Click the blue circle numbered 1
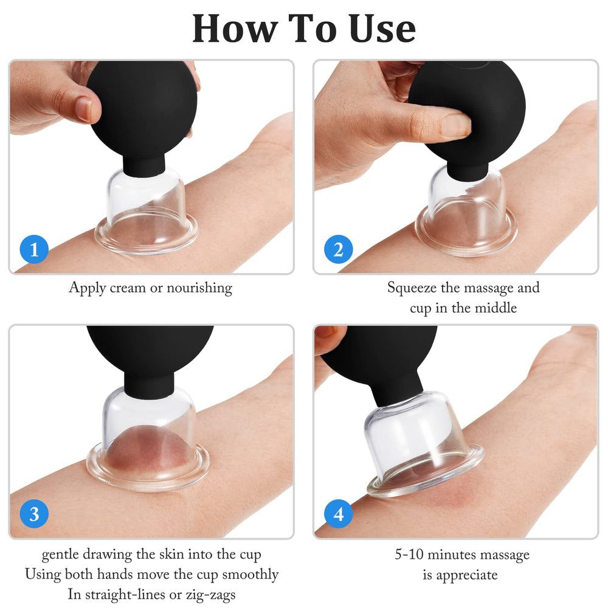point(34,249)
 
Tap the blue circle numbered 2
point(339,249)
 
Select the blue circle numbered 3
point(34,514)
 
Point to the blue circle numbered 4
point(339,514)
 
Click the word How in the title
point(235,29)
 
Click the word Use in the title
point(382,29)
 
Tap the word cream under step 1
point(128,288)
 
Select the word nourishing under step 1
point(199,288)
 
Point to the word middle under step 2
point(496,308)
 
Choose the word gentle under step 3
point(60,555)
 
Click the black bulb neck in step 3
point(149,383)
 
